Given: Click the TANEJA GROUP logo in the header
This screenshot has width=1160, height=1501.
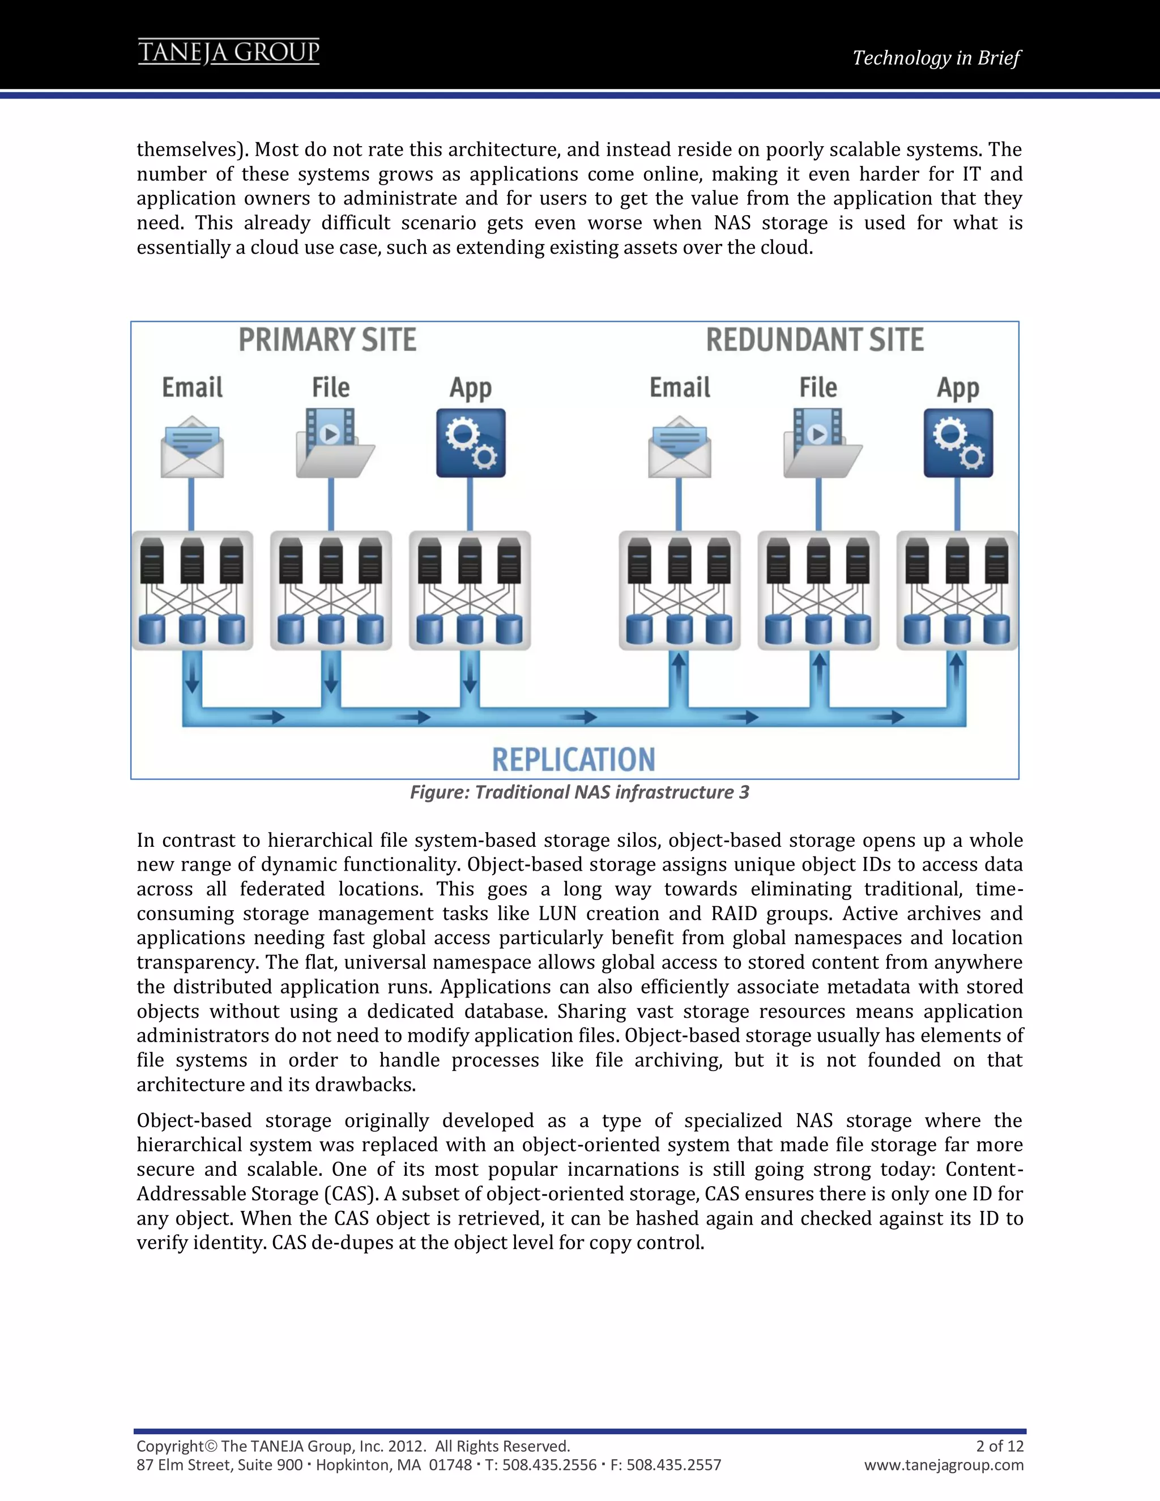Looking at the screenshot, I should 229,52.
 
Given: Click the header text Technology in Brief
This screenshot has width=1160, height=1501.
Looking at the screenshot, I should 936,58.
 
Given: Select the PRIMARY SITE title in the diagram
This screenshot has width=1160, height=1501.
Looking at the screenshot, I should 327,340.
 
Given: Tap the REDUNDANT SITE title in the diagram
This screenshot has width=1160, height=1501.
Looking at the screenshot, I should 814,340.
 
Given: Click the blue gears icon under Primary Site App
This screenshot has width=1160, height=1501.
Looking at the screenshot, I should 471,444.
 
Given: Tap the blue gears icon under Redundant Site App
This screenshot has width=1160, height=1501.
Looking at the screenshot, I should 958,444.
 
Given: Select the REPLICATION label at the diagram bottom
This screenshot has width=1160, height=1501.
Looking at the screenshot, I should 573,760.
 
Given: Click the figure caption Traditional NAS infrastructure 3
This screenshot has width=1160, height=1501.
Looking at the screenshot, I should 579,792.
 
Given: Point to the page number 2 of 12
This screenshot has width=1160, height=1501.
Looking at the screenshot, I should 999,1445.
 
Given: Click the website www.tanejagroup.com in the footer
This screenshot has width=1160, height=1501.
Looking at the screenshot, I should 944,1465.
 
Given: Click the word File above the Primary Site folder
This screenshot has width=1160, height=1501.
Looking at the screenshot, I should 331,387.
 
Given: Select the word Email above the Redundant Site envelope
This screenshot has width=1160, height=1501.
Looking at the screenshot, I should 680,387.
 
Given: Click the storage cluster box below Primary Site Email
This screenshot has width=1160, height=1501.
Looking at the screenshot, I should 193,590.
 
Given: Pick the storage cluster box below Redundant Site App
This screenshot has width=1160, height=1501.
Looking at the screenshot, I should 957,590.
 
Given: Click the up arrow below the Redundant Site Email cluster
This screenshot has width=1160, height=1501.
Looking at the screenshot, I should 679,667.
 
